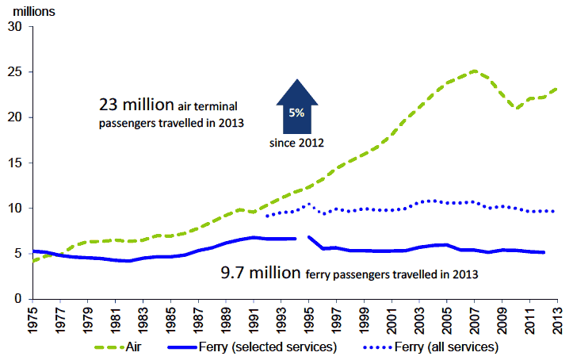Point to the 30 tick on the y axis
click(x=13, y=26)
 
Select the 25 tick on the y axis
click(x=13, y=72)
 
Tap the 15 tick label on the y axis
click(x=13, y=163)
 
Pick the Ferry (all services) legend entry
click(x=433, y=347)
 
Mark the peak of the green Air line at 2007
click(x=474, y=71)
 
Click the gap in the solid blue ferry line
click(x=302, y=237)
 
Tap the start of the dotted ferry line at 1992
click(x=267, y=216)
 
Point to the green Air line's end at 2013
click(x=556, y=89)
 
